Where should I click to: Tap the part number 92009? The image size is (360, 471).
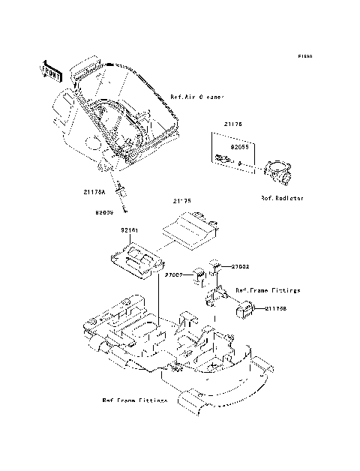tap(103, 212)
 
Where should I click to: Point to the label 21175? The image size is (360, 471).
tap(183, 201)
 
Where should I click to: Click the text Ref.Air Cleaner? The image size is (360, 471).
tap(197, 97)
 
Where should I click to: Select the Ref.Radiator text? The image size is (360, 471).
tap(281, 199)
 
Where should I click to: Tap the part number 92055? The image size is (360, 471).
tap(238, 148)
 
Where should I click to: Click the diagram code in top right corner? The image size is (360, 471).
tap(304, 56)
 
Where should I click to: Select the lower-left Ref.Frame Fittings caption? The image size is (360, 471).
tap(135, 400)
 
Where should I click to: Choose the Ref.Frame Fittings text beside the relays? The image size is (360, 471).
tap(268, 289)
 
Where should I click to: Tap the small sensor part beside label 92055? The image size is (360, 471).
tap(221, 158)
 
